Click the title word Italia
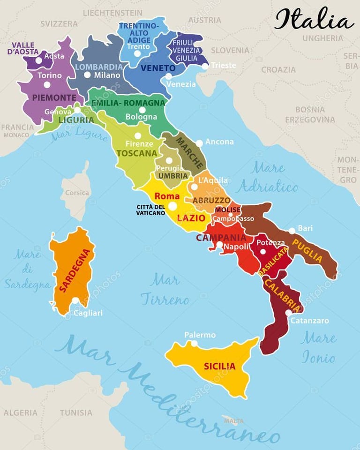tap(314, 20)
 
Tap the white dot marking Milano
tap(87, 75)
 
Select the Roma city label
tap(167, 196)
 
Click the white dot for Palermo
tap(194, 344)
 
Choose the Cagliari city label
tap(88, 313)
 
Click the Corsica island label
tap(77, 193)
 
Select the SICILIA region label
tap(219, 366)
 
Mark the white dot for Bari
tap(292, 231)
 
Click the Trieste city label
tap(224, 65)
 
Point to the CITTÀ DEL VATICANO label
tap(150, 210)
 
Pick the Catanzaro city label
tap(309, 321)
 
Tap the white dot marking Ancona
tap(199, 143)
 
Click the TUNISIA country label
tap(76, 412)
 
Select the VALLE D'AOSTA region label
tap(23, 48)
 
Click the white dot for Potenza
tap(263, 252)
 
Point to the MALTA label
tap(233, 420)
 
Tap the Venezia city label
tap(181, 84)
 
